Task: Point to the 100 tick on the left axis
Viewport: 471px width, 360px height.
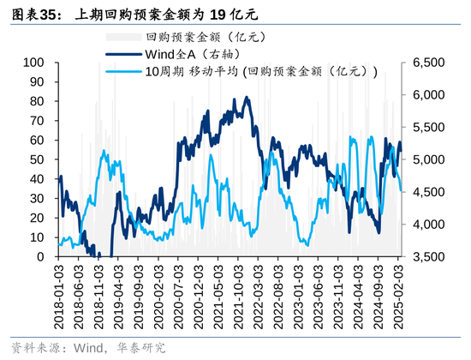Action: click(33, 63)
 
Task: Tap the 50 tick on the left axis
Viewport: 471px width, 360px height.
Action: click(37, 159)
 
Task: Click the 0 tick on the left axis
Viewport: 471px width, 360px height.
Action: click(40, 256)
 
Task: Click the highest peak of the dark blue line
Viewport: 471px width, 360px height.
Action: click(247, 97)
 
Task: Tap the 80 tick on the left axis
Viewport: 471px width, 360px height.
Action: click(37, 101)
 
